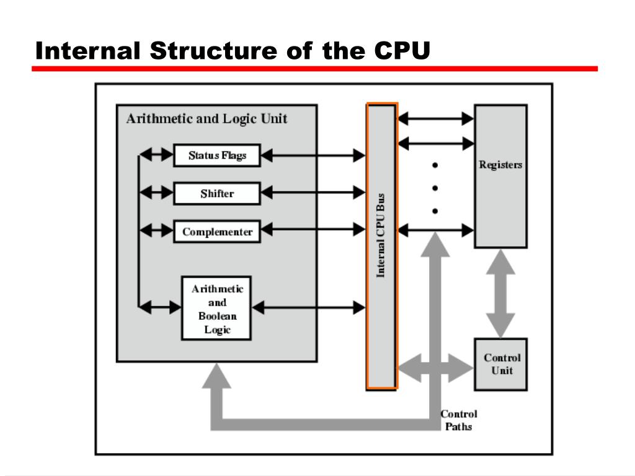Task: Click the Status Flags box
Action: point(217,155)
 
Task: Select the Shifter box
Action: point(217,193)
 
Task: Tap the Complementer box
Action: point(217,232)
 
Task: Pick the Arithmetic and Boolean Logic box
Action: point(216,308)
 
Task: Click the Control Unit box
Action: point(501,364)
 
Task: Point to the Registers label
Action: point(500,165)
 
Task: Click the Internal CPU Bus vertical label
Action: point(381,236)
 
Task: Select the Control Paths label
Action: point(459,420)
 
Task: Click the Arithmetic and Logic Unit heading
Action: point(206,118)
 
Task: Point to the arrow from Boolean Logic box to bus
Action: point(309,306)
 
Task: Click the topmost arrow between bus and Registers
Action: point(436,118)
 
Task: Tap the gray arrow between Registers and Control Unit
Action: point(500,293)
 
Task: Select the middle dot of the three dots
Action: point(435,188)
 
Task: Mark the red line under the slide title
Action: point(314,69)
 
